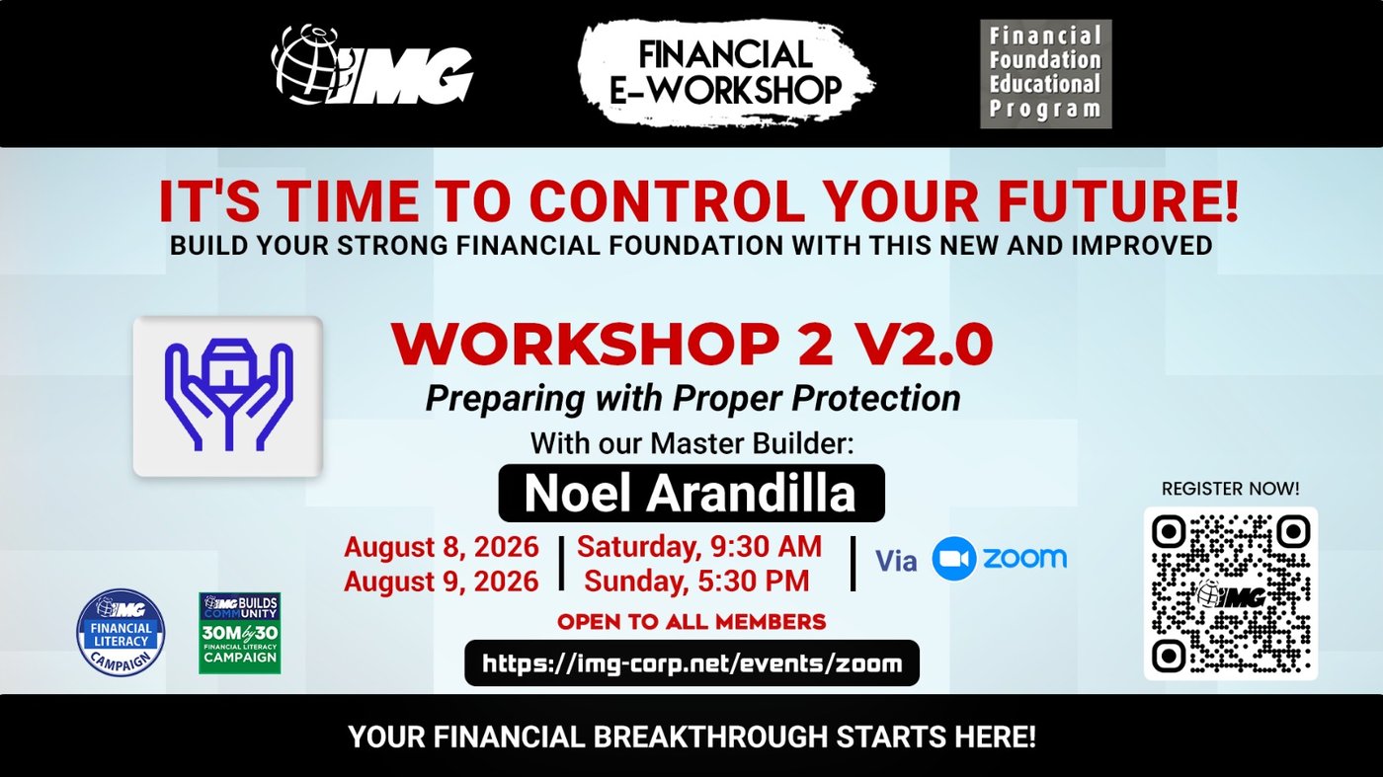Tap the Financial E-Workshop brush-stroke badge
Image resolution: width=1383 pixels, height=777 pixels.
pos(726,74)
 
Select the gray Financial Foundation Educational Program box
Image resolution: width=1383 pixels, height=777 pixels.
pos(1046,74)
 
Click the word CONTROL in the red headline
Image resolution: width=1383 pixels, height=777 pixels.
pos(668,201)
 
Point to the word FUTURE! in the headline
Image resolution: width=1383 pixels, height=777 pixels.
pos(1118,201)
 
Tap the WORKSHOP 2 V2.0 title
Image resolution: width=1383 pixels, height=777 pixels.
pos(692,345)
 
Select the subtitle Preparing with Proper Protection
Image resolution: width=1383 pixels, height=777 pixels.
pos(692,399)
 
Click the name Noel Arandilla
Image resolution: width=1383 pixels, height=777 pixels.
pos(691,493)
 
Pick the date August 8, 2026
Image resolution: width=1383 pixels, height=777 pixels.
pos(441,547)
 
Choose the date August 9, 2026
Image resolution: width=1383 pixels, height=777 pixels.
pos(441,582)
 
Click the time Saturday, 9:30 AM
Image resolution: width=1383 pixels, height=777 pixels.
pos(699,547)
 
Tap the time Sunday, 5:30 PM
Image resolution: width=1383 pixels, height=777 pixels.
pos(696,582)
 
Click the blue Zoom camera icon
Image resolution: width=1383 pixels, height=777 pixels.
pos(954,559)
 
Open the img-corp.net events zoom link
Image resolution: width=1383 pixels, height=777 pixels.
pos(692,663)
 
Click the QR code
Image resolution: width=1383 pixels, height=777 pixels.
pos(1231,593)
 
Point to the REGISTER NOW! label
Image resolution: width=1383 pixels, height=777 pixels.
pos(1231,489)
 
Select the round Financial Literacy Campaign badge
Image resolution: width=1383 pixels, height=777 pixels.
pos(121,633)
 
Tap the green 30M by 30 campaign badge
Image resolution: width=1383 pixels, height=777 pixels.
pos(239,633)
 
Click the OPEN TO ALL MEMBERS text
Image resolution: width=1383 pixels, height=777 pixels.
pos(691,622)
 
